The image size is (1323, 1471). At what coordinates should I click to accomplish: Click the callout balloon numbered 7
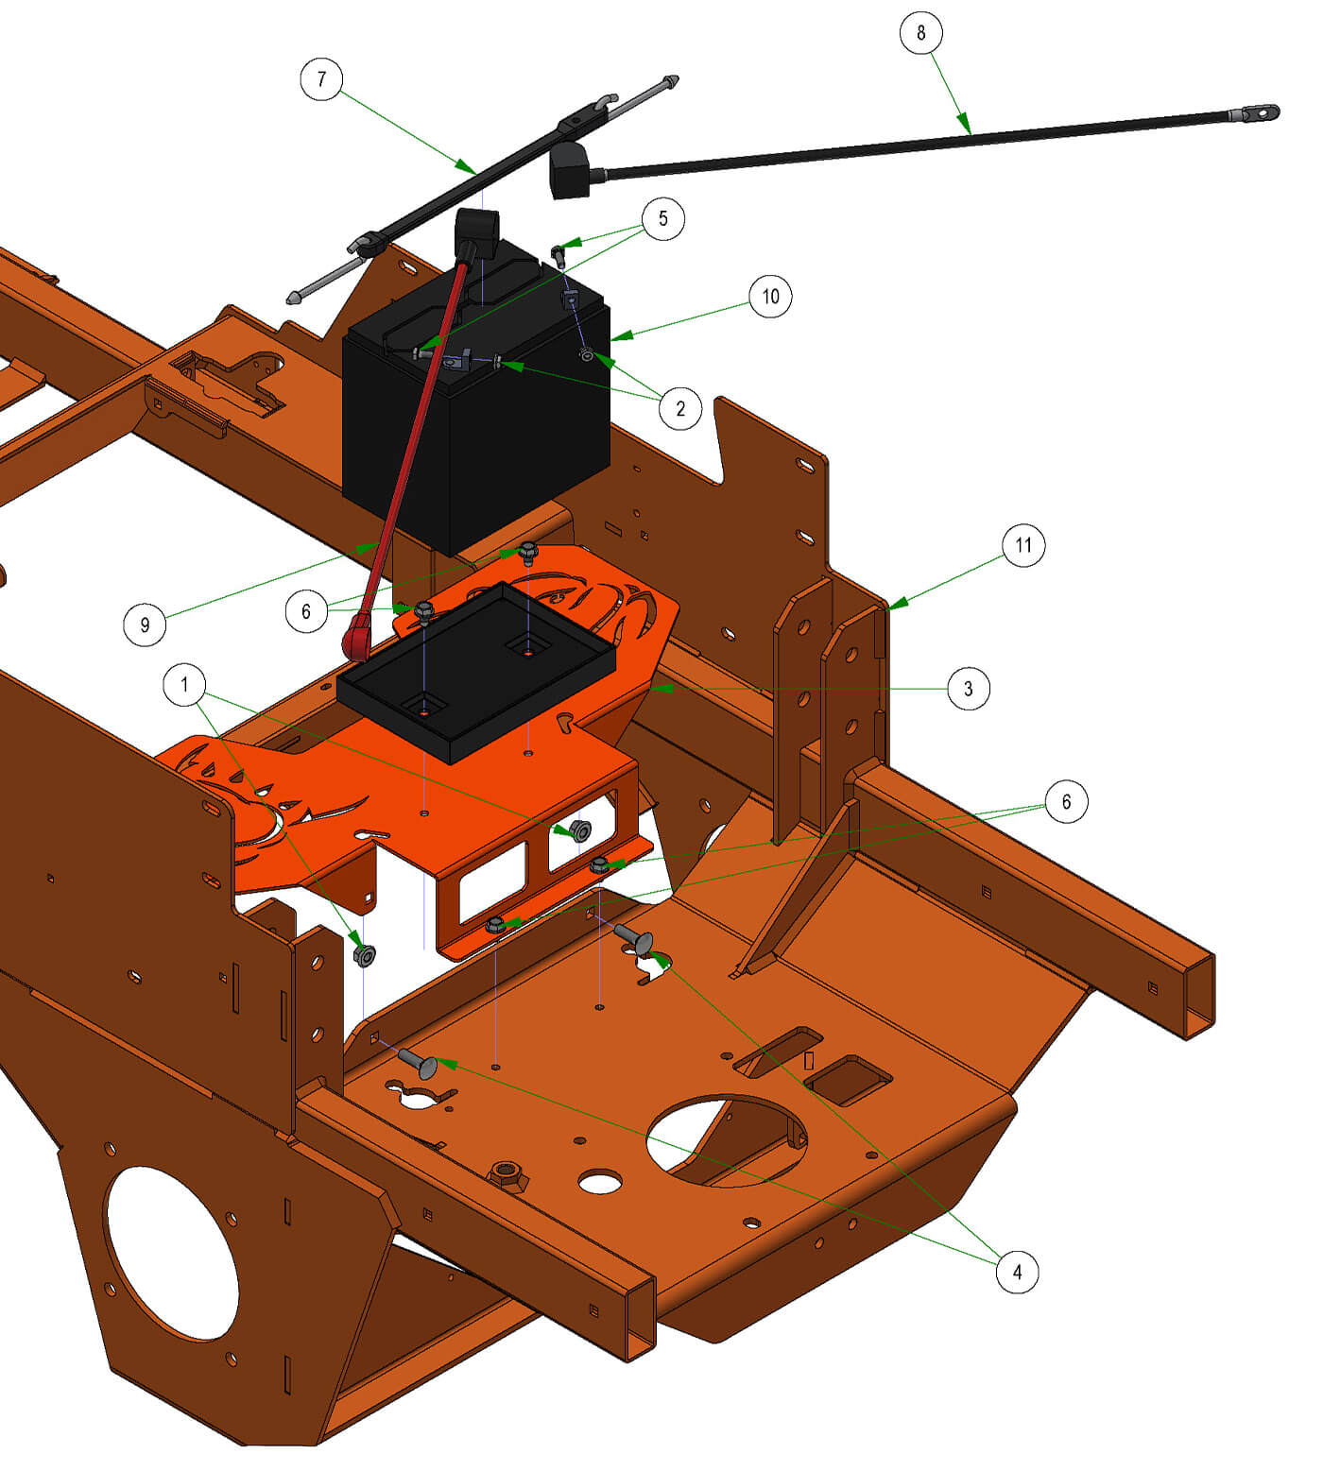tap(321, 79)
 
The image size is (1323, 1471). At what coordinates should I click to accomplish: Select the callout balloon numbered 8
tap(921, 34)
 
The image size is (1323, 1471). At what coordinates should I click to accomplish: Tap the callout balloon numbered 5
tap(662, 219)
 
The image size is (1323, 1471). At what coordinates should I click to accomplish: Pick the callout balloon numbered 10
tap(770, 297)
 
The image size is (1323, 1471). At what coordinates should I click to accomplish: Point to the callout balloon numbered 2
tap(680, 408)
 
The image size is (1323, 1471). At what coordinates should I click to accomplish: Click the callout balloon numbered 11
tap(1023, 545)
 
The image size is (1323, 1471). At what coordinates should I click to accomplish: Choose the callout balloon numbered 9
tap(145, 624)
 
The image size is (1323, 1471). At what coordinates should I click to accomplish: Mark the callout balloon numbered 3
tap(968, 689)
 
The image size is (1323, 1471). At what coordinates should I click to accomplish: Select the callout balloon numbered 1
tap(184, 684)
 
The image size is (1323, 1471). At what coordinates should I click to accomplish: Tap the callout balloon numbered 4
tap(1017, 1272)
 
